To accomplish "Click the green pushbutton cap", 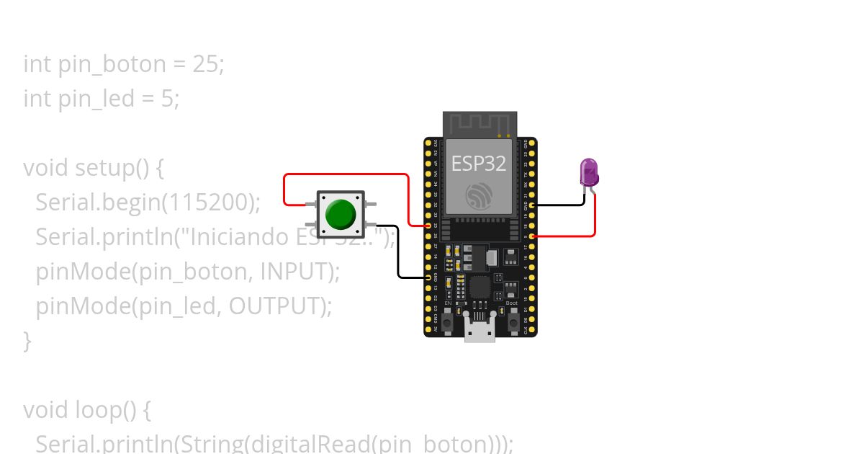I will (x=340, y=214).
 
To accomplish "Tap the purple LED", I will (x=589, y=173).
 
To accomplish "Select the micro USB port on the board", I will (x=480, y=332).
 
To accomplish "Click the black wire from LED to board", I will (x=565, y=205).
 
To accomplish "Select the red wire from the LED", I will (x=595, y=216).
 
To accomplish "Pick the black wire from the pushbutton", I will (x=398, y=252).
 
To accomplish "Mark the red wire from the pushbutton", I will (x=346, y=174).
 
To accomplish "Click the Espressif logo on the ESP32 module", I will (x=479, y=195).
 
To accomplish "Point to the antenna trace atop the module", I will (x=480, y=123).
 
